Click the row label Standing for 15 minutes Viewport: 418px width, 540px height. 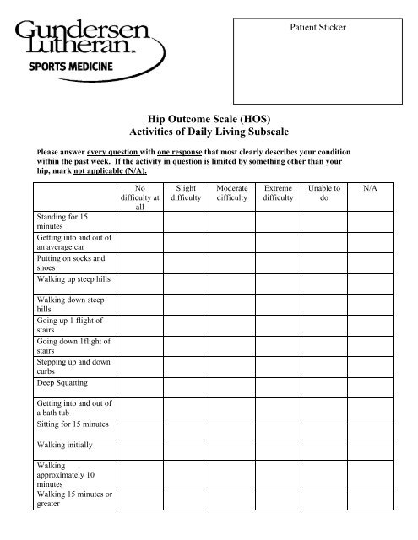coord(64,222)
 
